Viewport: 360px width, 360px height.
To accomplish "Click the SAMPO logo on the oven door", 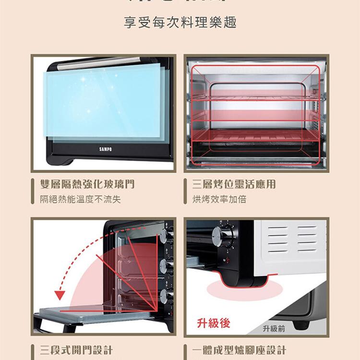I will click(105, 149).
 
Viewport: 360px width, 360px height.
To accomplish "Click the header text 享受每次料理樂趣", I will click(180, 23).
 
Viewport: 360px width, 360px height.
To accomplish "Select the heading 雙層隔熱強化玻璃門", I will click(87, 184).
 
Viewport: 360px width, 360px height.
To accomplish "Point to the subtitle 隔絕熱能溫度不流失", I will click(80, 199).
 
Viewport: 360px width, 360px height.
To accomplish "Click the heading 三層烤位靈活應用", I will click(234, 184).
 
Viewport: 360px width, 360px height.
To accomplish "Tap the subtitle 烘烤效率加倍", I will click(219, 199).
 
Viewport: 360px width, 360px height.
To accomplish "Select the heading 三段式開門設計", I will click(77, 349).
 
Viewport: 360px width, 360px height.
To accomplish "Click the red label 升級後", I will click(214, 323).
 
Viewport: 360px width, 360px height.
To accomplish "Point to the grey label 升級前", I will click(274, 328).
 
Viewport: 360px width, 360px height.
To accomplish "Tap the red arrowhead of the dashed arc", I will click(60, 294).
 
